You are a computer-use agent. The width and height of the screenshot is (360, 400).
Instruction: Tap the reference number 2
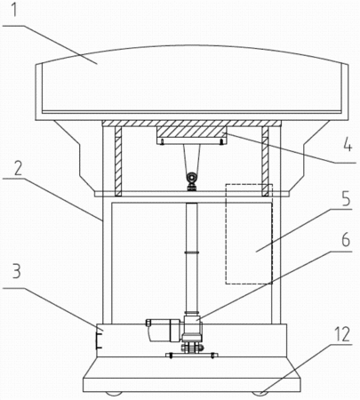[x=18, y=168]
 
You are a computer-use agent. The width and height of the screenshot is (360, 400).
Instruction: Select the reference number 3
[x=17, y=270]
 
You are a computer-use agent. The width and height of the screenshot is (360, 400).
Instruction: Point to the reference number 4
[x=348, y=145]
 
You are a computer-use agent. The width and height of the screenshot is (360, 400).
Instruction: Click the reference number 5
[x=346, y=199]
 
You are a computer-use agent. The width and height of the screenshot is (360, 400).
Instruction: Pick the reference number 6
[x=346, y=241]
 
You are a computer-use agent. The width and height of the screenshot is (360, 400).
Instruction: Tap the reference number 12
[x=342, y=334]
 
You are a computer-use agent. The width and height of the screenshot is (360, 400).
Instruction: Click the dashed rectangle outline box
[x=226, y=234]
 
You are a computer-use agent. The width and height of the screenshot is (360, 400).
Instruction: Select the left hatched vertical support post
[x=118, y=161]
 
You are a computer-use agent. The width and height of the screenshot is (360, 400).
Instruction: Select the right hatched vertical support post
[x=265, y=161]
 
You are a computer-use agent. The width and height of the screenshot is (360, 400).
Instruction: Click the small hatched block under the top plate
[x=192, y=132]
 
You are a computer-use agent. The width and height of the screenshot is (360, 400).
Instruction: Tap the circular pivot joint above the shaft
[x=191, y=179]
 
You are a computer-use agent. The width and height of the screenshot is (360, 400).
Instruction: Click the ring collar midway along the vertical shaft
[x=191, y=252]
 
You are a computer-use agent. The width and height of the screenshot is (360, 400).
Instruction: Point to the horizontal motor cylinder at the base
[x=164, y=330]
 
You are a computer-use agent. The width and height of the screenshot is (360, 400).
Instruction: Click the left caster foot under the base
[x=114, y=393]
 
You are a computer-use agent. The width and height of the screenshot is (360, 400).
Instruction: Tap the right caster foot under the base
[x=260, y=393]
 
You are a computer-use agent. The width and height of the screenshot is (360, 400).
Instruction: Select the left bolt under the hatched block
[x=162, y=142]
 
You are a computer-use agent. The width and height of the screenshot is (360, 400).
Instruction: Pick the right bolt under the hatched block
[x=221, y=142]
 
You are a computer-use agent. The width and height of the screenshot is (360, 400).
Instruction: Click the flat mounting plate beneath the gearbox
[x=191, y=355]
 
